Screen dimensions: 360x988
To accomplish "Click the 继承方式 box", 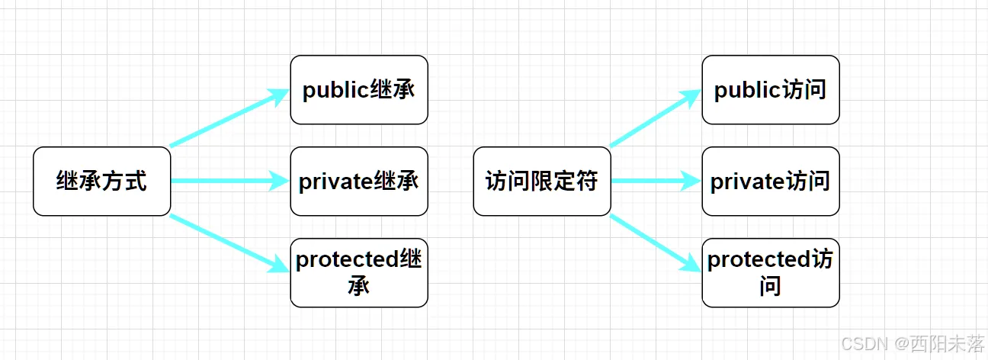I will (101, 182).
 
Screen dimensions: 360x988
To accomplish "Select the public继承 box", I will (359, 90).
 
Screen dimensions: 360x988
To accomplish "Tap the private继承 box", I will (359, 182).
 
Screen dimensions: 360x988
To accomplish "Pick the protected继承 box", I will (359, 272).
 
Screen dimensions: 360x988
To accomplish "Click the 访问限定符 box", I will (542, 182).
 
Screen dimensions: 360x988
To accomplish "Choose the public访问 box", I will (771, 90).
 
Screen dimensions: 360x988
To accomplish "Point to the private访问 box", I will (771, 182).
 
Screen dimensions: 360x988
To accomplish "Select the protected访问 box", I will (771, 272).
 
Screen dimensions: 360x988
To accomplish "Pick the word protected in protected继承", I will (347, 260).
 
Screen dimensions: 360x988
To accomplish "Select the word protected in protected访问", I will (759, 260).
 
